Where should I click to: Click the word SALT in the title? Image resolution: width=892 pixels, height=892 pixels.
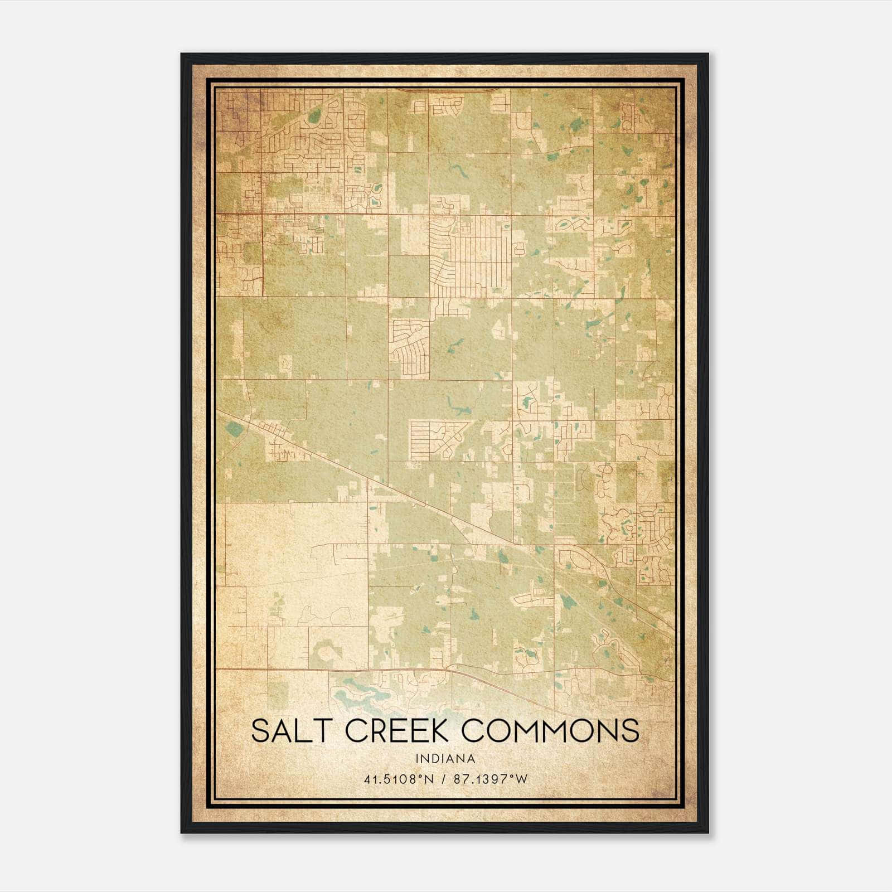(x=292, y=730)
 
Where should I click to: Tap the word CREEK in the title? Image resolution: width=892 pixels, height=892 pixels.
(x=398, y=730)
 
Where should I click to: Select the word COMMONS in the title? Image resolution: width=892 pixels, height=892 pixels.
(x=551, y=730)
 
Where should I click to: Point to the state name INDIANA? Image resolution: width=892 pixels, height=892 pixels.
(x=445, y=759)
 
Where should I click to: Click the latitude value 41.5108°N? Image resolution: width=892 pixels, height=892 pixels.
(x=399, y=779)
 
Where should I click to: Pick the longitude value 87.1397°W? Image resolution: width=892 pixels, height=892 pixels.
(x=491, y=779)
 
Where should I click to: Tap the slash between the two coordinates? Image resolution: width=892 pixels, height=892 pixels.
(x=444, y=779)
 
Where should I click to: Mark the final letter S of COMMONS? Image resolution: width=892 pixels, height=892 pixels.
(x=630, y=730)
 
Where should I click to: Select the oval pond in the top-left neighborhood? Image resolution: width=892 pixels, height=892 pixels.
(x=314, y=115)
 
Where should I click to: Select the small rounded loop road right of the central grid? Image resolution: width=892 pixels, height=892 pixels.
(x=520, y=248)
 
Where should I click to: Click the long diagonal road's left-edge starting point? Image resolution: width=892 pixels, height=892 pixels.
(x=218, y=411)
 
